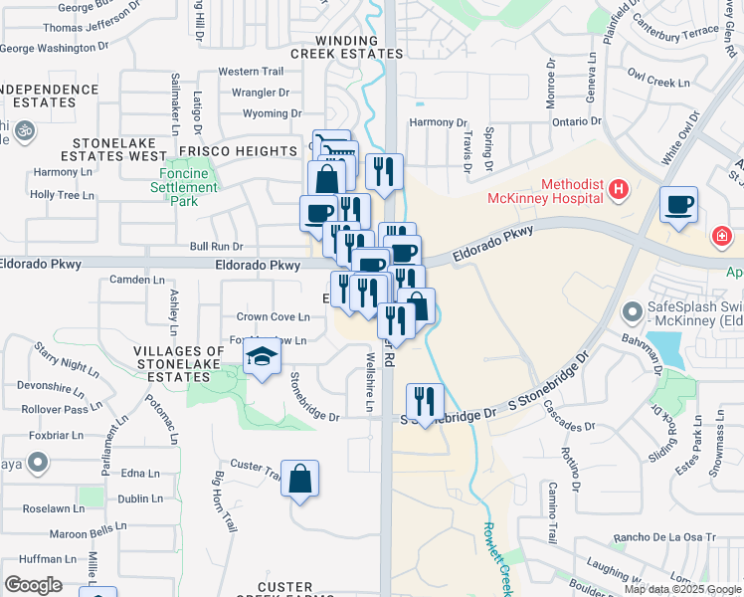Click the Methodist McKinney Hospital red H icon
(x=619, y=189)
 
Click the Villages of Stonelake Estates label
(x=180, y=364)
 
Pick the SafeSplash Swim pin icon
(x=631, y=312)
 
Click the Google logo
(x=34, y=585)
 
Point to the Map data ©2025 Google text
(x=683, y=589)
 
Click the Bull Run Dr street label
(x=216, y=246)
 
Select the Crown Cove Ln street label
(x=273, y=317)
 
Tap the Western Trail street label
(x=251, y=72)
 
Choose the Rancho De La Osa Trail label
(x=665, y=537)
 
